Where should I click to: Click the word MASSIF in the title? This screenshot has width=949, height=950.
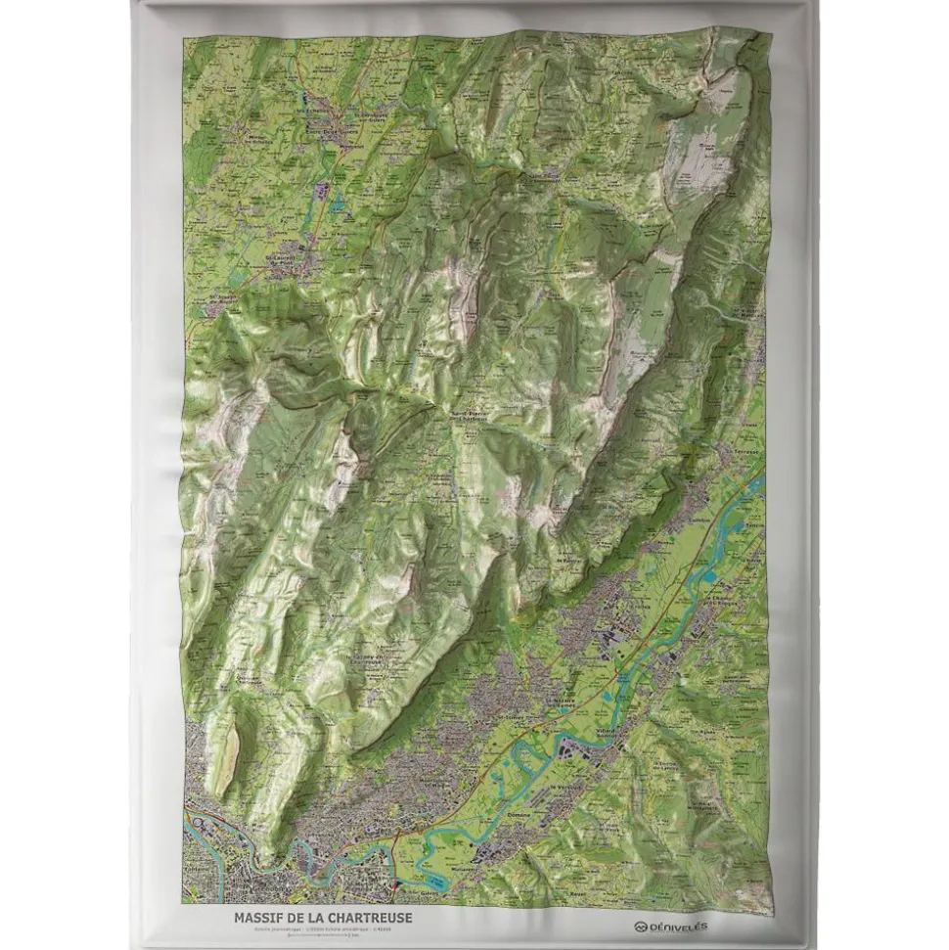258,917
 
